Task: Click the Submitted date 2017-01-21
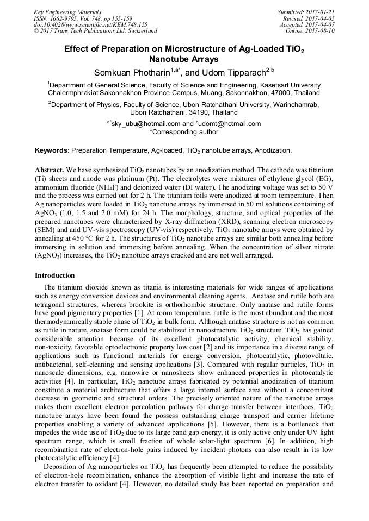pyautogui.click(x=321, y=12)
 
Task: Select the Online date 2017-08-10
pyautogui.click(x=321, y=31)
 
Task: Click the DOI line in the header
pyautogui.click(x=90, y=24)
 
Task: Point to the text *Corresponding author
pyautogui.click(x=184, y=132)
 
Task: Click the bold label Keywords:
pyautogui.click(x=52, y=150)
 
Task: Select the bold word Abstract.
pyautogui.click(x=50, y=170)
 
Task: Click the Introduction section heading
pyautogui.click(x=54, y=275)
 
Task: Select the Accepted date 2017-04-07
pyautogui.click(x=321, y=24)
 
